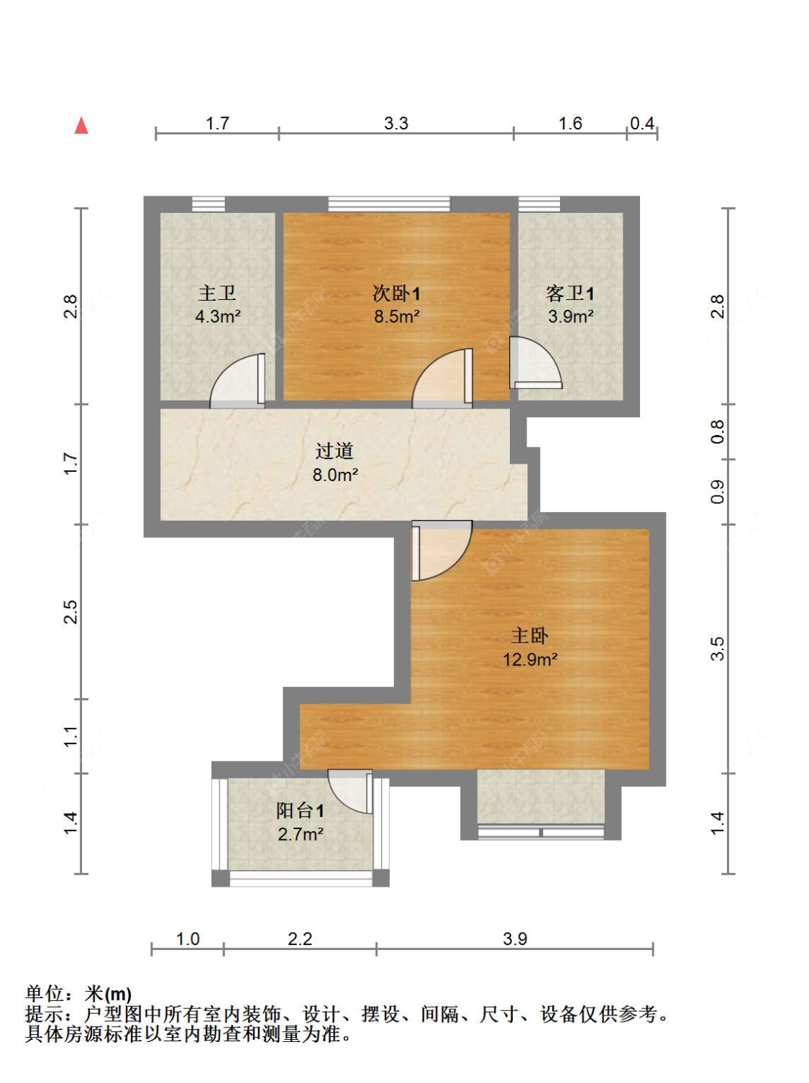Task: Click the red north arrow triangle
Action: (81, 126)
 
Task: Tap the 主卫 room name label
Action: (217, 293)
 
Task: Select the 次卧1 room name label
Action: (396, 293)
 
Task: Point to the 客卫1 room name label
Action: (570, 293)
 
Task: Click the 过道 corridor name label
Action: (334, 451)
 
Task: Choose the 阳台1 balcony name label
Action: (301, 810)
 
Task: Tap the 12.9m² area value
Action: (531, 659)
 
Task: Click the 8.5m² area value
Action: (397, 316)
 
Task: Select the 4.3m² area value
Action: (218, 316)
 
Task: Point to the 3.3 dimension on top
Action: (396, 124)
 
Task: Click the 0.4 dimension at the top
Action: (642, 124)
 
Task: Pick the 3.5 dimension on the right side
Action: (718, 649)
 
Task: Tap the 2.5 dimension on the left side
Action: (70, 612)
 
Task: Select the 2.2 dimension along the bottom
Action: (300, 939)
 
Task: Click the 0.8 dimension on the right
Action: (718, 431)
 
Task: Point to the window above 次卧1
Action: (389, 204)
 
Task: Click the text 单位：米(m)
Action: (78, 994)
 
